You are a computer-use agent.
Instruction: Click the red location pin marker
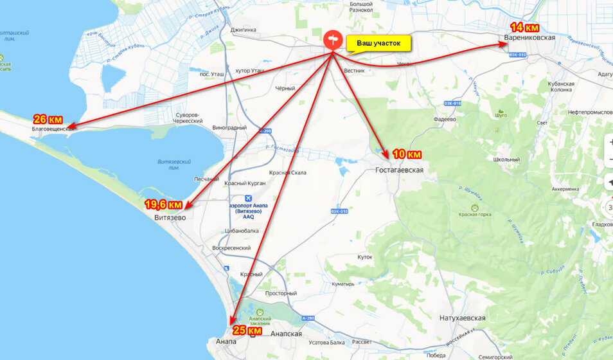pos(333,40)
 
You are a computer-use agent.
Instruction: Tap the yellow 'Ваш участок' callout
pos(378,43)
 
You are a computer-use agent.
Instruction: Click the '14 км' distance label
pos(524,28)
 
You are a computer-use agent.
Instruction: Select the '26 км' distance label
pos(48,120)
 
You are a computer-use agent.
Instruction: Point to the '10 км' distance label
pos(406,154)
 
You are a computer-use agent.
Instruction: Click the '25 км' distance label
pos(247,330)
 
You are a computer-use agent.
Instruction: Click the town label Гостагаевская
pos(399,170)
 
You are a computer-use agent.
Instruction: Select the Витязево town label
pos(170,218)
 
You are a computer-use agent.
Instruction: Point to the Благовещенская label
pos(53,129)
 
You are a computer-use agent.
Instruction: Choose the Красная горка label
pos(475,215)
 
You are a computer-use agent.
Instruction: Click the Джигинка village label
pos(243,30)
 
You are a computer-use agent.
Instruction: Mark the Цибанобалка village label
pos(242,230)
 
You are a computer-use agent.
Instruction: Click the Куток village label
pos(364,256)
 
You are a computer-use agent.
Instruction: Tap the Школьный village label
pos(506,159)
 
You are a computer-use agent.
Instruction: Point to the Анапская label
pos(287,334)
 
